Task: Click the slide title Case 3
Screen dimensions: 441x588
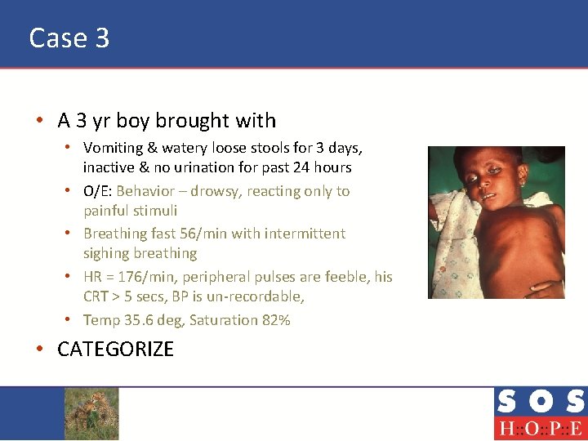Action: (69, 38)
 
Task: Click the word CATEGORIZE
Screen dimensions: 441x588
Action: (115, 349)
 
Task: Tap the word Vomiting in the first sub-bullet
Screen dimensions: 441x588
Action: (111, 149)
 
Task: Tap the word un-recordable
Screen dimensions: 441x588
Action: (258, 296)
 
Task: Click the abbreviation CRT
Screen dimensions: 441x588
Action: (96, 296)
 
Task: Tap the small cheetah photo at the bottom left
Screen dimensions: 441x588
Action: (91, 413)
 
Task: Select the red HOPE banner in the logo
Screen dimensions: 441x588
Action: (539, 428)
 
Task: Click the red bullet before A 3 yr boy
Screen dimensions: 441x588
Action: (39, 121)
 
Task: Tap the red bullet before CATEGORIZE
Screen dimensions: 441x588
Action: (39, 350)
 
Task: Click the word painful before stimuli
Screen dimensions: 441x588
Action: (107, 211)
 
